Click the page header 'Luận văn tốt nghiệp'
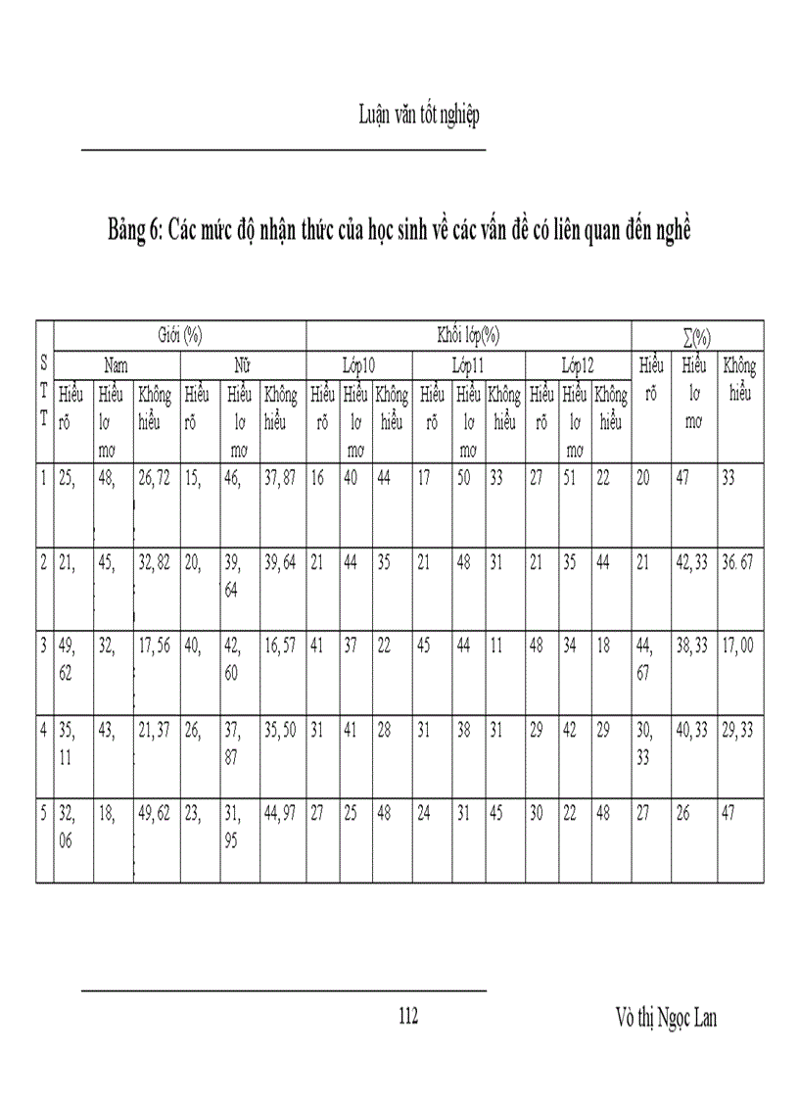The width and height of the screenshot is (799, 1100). tap(418, 116)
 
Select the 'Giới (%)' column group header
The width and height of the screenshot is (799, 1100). tap(179, 335)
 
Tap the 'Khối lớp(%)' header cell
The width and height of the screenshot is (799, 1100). tap(468, 335)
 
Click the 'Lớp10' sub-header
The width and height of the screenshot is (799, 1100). tap(358, 365)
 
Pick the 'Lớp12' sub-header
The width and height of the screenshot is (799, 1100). tap(578, 365)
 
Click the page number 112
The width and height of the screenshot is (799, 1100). tap(408, 1017)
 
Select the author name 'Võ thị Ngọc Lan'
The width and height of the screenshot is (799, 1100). tap(661, 1018)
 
